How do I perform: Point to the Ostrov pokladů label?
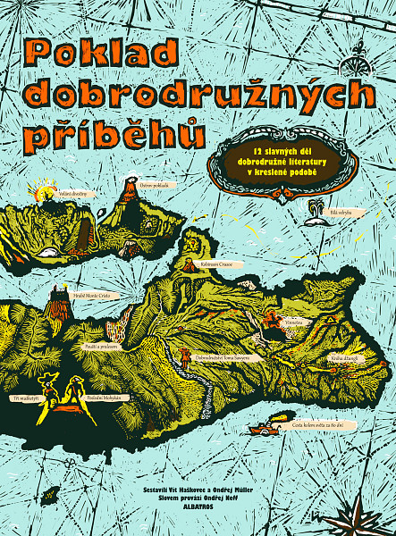[x=154, y=185]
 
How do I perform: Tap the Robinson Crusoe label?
[x=217, y=264]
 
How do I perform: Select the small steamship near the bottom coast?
[x=265, y=428]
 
